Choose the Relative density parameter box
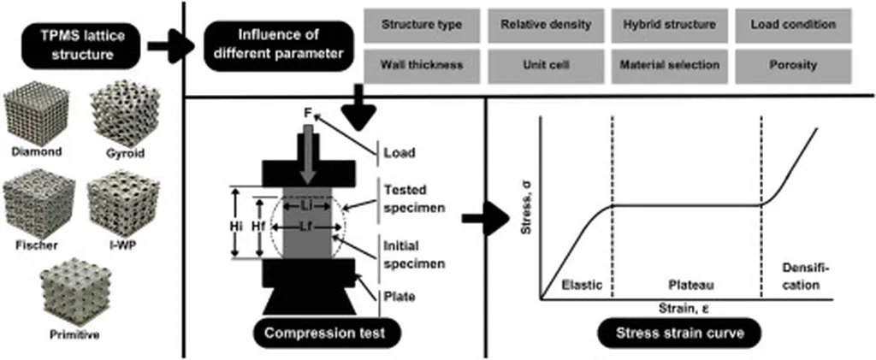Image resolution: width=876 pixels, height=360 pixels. click(x=545, y=25)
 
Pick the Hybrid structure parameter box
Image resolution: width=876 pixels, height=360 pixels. click(x=667, y=25)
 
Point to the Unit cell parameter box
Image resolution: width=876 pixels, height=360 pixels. click(x=545, y=64)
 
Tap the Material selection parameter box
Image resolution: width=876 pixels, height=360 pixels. click(x=667, y=64)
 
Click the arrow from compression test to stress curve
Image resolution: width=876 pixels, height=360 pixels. click(x=482, y=220)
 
